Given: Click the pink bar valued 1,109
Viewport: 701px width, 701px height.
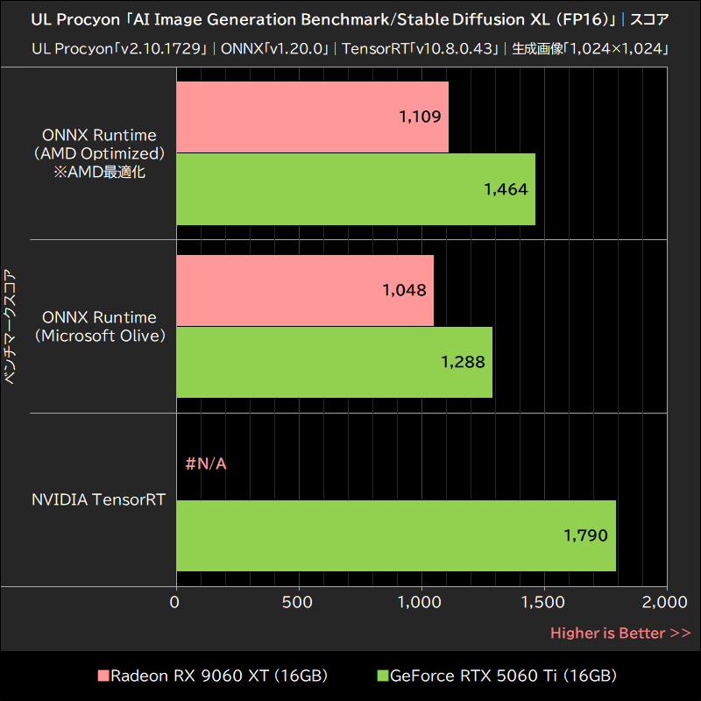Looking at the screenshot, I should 312,117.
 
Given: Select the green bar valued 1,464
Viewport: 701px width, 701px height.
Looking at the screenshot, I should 356,189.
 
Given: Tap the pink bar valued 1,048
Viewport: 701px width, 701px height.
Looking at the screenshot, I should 305,290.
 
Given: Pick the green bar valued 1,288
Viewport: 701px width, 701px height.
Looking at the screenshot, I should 334,362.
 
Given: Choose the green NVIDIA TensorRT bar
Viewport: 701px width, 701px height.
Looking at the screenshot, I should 396,535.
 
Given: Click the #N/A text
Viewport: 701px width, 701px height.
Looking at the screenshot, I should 206,464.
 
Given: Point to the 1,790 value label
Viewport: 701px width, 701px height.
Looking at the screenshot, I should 584,535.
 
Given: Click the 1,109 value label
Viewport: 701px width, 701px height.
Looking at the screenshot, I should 419,117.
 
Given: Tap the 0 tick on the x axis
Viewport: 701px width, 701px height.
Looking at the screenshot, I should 175,603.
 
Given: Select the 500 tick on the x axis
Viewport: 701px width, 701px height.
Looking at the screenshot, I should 299,603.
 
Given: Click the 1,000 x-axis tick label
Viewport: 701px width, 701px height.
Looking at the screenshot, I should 421,603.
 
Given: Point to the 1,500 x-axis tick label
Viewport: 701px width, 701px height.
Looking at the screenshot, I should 544,603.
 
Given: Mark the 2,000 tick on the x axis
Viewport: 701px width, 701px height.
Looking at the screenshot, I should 667,603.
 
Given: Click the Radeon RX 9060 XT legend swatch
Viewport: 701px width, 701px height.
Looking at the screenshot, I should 103,676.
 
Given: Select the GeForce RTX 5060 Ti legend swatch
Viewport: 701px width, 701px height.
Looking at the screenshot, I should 381,676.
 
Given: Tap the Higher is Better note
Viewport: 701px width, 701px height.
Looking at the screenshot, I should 620,633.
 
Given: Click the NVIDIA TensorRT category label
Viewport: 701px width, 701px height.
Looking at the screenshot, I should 99,499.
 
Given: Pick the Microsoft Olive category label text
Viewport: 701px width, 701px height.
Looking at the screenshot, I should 99,335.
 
